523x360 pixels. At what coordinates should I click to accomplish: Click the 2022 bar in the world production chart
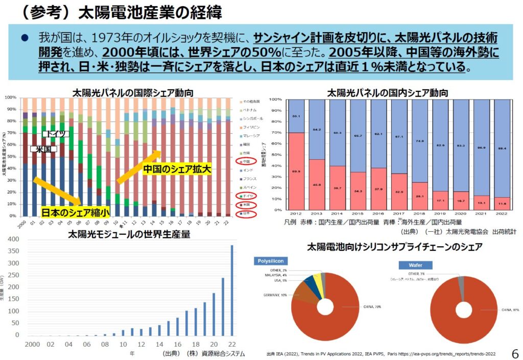pyautogui.click(x=232, y=290)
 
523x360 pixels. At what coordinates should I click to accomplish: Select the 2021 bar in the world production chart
pyautogui.click(x=223, y=306)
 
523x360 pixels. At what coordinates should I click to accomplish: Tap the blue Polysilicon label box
pyautogui.click(x=271, y=261)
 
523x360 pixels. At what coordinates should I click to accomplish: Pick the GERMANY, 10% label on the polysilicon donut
pyautogui.click(x=275, y=295)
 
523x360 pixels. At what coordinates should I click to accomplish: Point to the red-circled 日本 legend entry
pyautogui.click(x=247, y=213)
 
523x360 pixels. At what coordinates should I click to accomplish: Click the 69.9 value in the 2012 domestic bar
pyautogui.click(x=296, y=172)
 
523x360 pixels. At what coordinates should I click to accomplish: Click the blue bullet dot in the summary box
pyautogui.click(x=23, y=39)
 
